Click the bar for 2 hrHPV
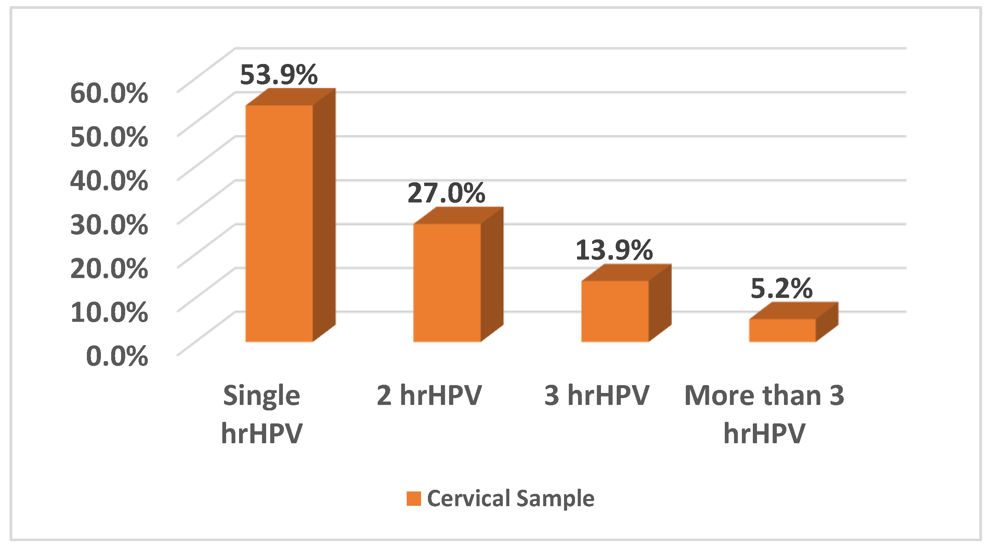click(447, 282)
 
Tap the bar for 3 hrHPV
click(615, 311)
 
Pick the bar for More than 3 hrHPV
click(783, 330)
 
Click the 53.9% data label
click(278, 75)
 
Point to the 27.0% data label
click(446, 193)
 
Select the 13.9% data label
click(614, 250)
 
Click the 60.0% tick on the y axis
click(109, 93)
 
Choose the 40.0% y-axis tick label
click(109, 181)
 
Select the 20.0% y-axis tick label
click(109, 268)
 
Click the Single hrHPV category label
click(262, 414)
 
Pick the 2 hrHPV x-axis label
click(429, 395)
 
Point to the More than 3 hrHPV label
click(764, 414)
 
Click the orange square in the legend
click(414, 498)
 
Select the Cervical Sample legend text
click(510, 498)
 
